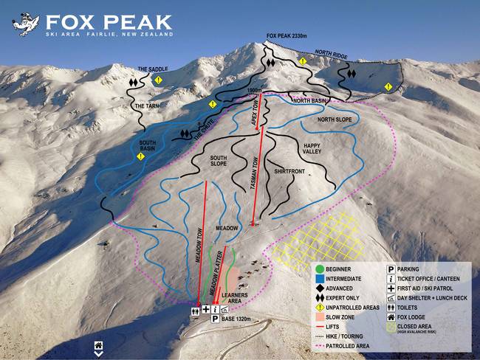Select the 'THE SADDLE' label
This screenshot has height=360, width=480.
152,69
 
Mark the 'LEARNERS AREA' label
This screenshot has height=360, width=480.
233,300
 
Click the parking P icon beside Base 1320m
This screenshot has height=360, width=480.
215,319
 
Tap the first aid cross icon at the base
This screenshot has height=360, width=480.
206,310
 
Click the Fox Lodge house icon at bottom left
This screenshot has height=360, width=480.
97,345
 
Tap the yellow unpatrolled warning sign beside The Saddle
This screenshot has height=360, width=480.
158,79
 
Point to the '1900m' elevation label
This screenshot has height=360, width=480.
256,91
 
